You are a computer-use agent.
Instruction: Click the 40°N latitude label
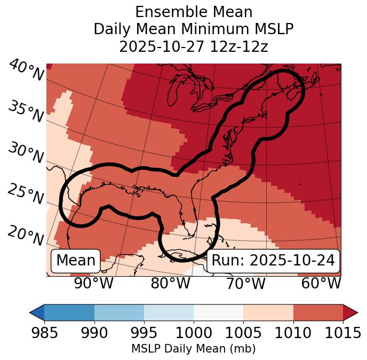[26, 71]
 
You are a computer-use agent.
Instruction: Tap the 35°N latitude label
[26, 112]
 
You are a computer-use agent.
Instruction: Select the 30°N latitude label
[26, 153]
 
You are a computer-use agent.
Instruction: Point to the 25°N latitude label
[26, 194]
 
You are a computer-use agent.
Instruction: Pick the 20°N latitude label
[26, 236]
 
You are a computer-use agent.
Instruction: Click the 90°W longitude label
[94, 283]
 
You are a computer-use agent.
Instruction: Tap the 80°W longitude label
[170, 283]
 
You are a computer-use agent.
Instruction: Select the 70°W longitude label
[246, 283]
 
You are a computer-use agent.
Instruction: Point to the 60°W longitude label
[321, 283]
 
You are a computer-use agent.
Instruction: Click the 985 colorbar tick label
[44, 333]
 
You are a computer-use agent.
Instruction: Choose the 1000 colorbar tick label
[194, 333]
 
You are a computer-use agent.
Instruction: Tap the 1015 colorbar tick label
[342, 333]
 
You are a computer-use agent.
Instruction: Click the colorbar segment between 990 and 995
[119, 312]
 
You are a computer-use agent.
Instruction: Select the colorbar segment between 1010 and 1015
[318, 312]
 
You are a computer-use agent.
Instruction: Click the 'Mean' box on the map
[76, 261]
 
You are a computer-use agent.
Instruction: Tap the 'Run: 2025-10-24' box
[273, 261]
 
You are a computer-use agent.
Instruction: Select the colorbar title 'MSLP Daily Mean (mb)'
[194, 349]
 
